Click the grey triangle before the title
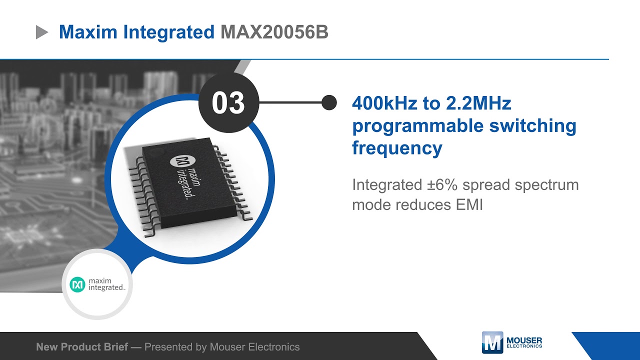click(41, 32)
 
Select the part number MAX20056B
click(274, 32)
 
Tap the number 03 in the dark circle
click(228, 102)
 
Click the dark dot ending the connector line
click(328, 102)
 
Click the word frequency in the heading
click(397, 148)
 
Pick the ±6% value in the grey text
click(440, 184)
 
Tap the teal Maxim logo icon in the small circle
click(77, 284)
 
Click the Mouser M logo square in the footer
click(492, 343)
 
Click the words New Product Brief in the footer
click(82, 346)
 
